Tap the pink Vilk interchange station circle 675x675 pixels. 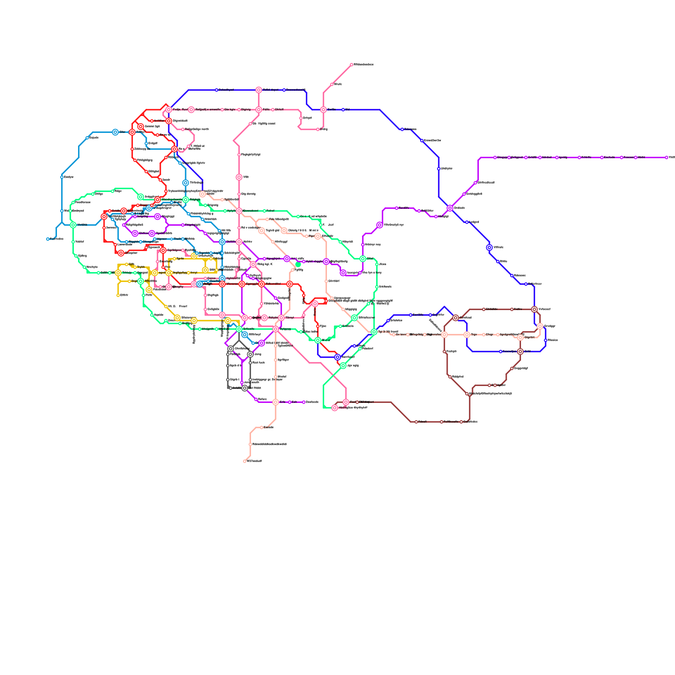pyautogui.click(x=239, y=177)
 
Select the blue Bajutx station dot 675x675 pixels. pyautogui.click(x=87, y=138)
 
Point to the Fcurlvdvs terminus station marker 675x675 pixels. pyautogui.click(x=48, y=239)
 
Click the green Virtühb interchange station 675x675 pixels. pyautogui.click(x=73, y=225)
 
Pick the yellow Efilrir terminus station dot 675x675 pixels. pyautogui.click(x=118, y=295)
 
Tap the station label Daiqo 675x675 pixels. pyautogui.click(x=99, y=194)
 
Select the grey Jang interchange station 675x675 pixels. pyautogui.click(x=250, y=354)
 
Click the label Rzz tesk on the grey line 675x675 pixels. pyautogui.click(x=259, y=363)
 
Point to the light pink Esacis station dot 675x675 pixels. pyautogui.click(x=262, y=427)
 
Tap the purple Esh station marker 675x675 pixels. pyautogui.click(x=290, y=402)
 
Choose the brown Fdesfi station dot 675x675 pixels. pyautogui.click(x=416, y=422)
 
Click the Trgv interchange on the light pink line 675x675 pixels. pyautogui.click(x=467, y=335)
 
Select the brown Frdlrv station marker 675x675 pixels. pyautogui.click(x=444, y=351)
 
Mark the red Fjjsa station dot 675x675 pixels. pyautogui.click(x=318, y=326)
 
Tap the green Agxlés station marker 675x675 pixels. pyautogui.click(x=152, y=315)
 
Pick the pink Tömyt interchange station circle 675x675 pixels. pyautogui.click(x=281, y=318)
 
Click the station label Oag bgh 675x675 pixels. pyautogui.click(x=213, y=295)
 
